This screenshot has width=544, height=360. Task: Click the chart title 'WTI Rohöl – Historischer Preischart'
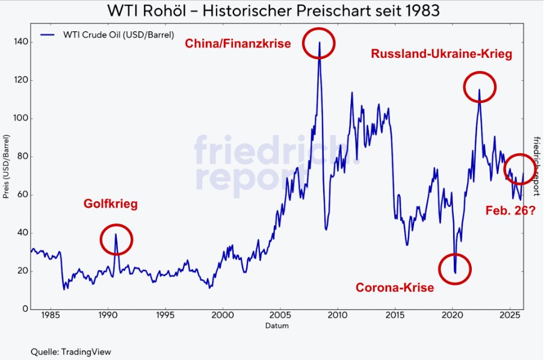tap(272, 10)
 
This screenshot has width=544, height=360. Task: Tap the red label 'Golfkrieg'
tap(111, 204)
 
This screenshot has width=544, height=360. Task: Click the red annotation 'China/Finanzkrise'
tap(238, 43)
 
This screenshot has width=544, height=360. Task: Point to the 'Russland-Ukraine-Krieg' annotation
tap(442, 54)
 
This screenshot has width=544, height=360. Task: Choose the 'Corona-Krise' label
tap(395, 287)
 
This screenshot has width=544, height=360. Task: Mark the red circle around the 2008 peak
tap(318, 43)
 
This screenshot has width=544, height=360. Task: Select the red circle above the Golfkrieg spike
tap(116, 240)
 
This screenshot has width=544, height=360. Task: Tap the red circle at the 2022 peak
tap(480, 87)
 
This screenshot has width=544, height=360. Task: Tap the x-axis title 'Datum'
tap(277, 326)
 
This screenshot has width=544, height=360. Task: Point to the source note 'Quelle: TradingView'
tap(71, 352)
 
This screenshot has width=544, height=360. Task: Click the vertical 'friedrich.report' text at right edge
tap(536, 166)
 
